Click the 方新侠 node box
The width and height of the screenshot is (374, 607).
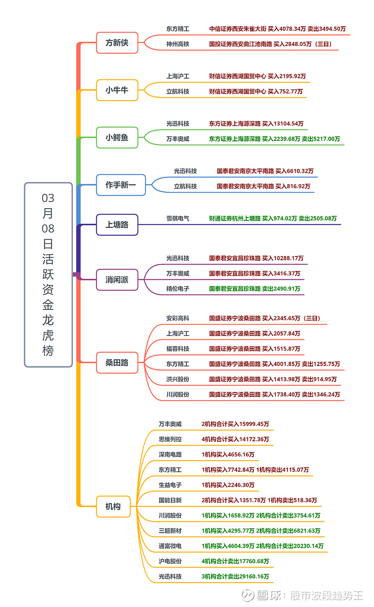117,43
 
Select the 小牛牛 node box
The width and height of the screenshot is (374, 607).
117,90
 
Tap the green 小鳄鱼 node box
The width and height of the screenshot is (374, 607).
117,138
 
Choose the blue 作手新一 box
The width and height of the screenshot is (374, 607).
121,185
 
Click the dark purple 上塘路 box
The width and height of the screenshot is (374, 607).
117,225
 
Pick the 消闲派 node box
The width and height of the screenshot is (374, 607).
117,280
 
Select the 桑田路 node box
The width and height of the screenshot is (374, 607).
117,363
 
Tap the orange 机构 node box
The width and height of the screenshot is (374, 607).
113,506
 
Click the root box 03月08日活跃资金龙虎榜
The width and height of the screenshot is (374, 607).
48,275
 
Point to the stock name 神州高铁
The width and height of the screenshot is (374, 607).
178,44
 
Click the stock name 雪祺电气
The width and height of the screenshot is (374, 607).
178,219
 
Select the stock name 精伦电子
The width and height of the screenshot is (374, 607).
178,289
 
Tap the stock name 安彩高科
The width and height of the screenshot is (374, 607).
178,319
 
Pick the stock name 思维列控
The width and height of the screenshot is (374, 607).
170,439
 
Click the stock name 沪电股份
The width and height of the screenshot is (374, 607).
170,561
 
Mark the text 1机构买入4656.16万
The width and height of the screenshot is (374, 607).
228,454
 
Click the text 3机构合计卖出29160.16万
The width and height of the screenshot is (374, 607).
235,577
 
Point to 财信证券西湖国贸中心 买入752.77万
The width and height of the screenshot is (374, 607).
256,92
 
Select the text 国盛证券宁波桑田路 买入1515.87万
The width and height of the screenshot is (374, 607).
254,349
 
